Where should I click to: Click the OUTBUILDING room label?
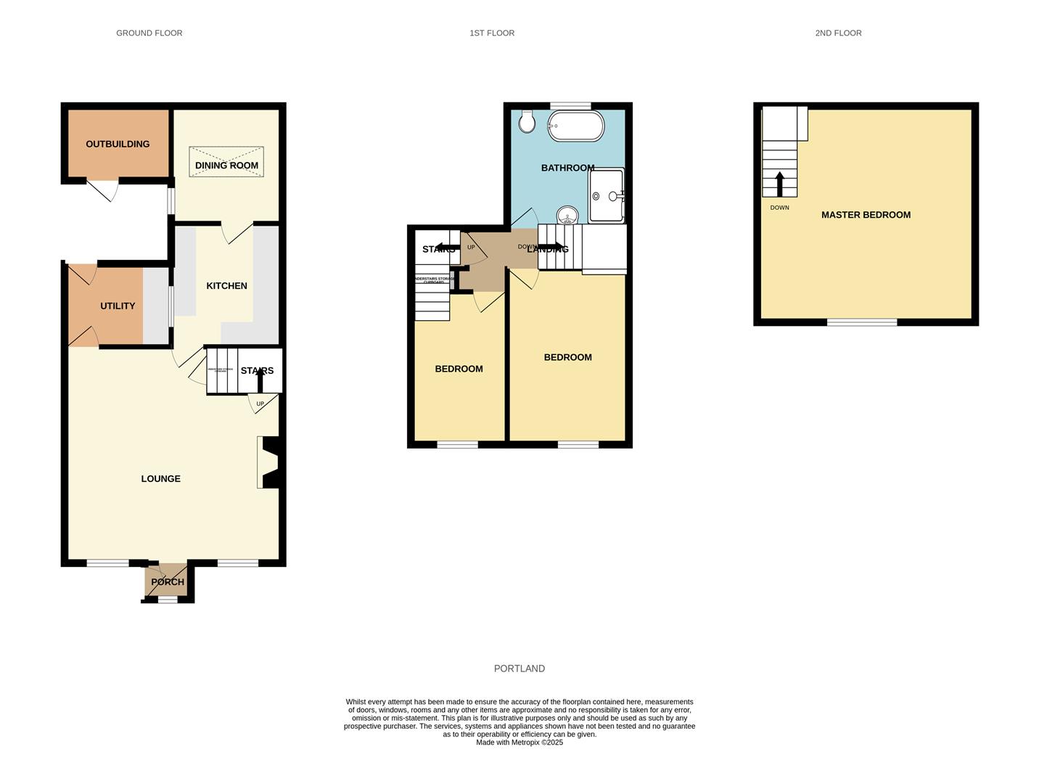118,144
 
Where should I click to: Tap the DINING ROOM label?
226,166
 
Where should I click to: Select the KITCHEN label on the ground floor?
226,286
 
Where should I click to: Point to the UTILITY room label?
118,306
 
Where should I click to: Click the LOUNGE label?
160,479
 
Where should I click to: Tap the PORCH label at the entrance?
168,582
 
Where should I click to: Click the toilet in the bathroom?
527,121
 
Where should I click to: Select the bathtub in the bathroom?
575,126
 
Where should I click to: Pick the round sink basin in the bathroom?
567,216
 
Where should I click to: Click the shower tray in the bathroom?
606,195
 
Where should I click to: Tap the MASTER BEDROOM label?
866,215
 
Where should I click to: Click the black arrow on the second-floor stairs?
780,184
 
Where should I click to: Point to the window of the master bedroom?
862,322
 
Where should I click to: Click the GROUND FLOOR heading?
149,33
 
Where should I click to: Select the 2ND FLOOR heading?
838,33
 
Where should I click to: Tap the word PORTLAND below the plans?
519,669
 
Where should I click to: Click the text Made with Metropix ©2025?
519,743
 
